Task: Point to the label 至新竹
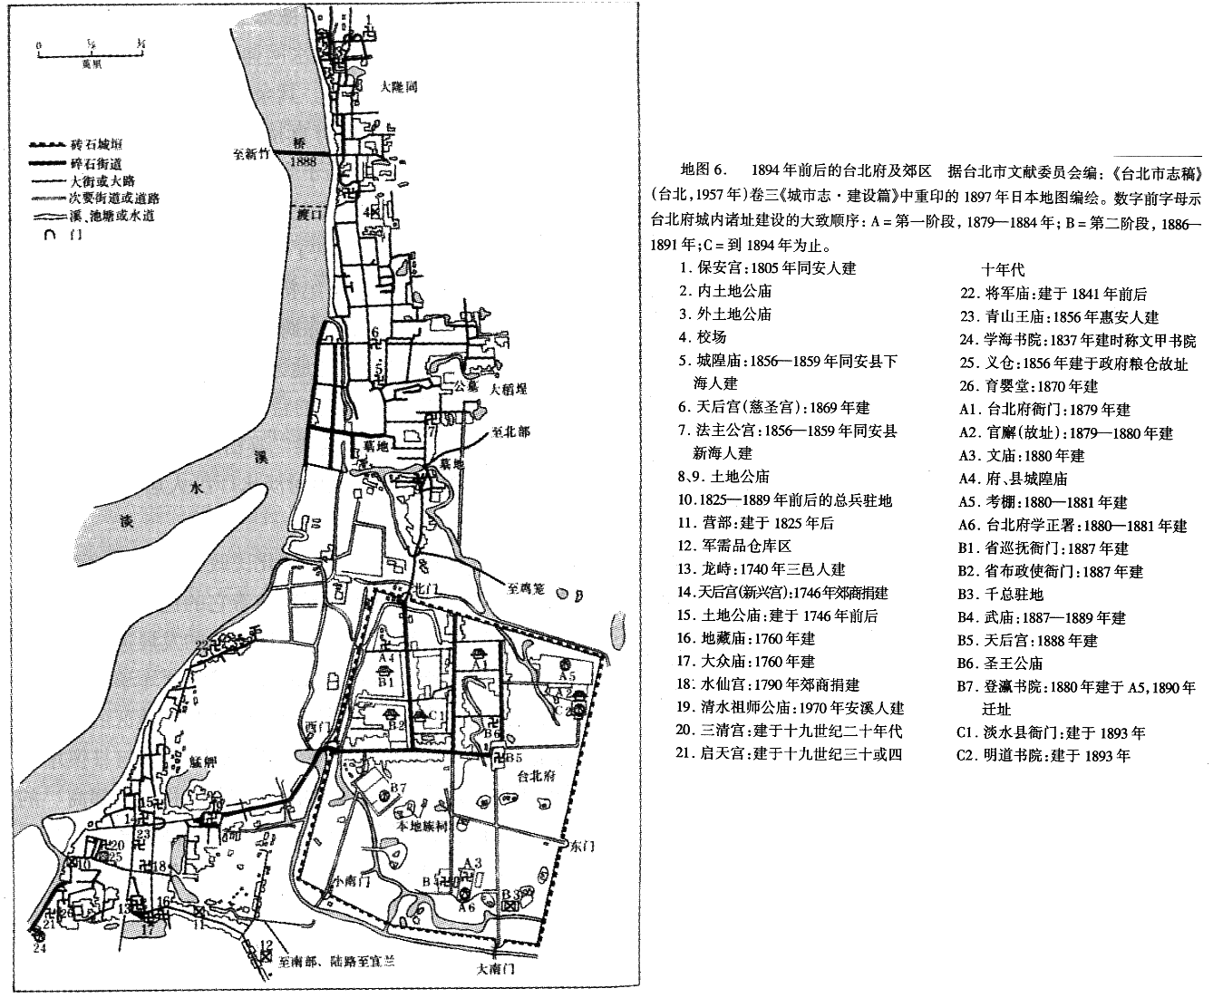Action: (x=251, y=154)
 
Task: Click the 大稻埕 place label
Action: (x=509, y=389)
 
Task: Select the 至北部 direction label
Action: (x=510, y=431)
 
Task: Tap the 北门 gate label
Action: (x=425, y=588)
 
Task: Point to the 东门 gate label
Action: (x=582, y=845)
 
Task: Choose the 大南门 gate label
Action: (x=496, y=969)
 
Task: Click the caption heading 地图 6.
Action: (x=705, y=170)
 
